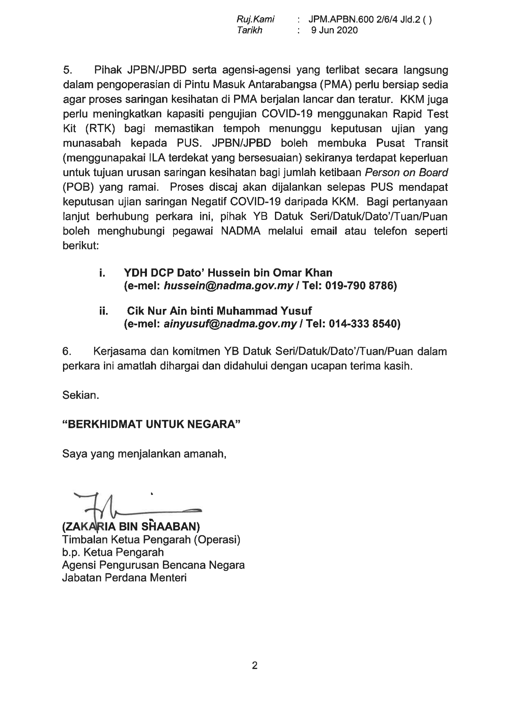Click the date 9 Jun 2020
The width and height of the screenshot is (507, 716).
(x=334, y=30)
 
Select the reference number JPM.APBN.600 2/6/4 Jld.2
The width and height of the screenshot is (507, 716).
(x=360, y=19)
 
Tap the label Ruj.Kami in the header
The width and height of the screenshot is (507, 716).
(x=255, y=19)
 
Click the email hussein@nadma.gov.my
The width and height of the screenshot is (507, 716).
(x=228, y=286)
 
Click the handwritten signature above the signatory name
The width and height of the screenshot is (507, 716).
(x=135, y=506)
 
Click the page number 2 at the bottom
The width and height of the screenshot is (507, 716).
(x=255, y=666)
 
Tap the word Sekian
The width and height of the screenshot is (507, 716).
(x=81, y=395)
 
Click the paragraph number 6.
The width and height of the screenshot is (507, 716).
(x=67, y=351)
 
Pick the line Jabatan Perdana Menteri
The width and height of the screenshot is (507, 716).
(x=124, y=578)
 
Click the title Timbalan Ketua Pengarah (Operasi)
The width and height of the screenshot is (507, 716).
(x=151, y=539)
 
